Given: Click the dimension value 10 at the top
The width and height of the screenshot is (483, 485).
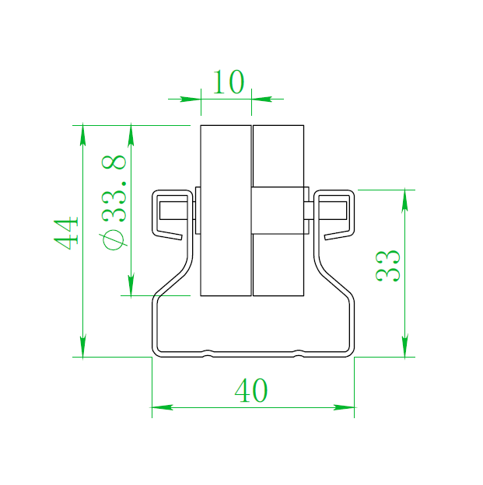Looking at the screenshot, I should [x=228, y=82].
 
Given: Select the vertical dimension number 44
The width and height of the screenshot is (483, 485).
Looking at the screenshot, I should [x=67, y=233].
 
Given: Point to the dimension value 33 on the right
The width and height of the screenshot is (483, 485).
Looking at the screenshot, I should [x=388, y=266].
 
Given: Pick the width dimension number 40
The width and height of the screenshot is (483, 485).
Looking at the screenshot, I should [x=251, y=391].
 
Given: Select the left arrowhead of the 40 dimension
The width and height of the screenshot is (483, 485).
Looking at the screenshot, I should [x=162, y=406].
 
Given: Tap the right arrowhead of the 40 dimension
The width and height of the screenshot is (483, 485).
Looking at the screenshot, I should [x=344, y=406].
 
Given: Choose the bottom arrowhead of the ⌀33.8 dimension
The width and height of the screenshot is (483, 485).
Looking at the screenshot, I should [x=131, y=285].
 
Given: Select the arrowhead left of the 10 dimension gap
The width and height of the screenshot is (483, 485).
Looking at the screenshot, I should [x=191, y=99].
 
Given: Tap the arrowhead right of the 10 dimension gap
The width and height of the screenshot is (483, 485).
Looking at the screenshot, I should [x=261, y=99].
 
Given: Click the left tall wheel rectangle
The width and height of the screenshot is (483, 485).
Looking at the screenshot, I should [x=226, y=210].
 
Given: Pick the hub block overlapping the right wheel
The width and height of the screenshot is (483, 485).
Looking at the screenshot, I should [x=279, y=210].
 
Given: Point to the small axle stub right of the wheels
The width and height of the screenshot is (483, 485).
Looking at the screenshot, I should [x=309, y=210].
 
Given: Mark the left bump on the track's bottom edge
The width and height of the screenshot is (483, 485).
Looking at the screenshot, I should [x=208, y=353].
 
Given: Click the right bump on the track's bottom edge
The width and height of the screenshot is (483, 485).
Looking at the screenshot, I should [x=299, y=353].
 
